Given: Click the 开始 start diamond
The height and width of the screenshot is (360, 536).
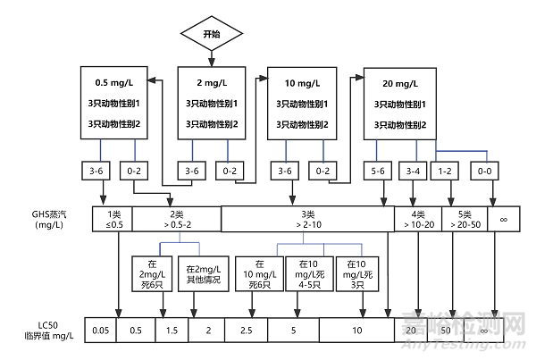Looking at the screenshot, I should pyautogui.click(x=212, y=34).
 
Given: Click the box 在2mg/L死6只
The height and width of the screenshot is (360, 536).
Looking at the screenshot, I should pyautogui.click(x=148, y=273).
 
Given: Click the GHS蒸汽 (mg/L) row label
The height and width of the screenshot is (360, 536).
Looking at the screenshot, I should pyautogui.click(x=50, y=220).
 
